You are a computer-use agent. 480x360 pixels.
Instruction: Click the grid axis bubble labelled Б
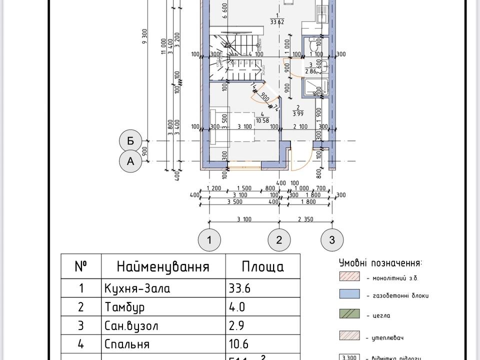[130, 141]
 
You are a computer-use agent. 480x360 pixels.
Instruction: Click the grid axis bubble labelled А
[130, 161]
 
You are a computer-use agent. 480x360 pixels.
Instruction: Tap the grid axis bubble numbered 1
[209, 240]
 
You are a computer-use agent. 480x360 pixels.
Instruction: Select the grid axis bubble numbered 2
[279, 240]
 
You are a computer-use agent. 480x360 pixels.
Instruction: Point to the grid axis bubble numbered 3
[332, 240]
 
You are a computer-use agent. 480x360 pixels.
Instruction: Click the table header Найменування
[163, 266]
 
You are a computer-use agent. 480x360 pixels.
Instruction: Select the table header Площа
[262, 266]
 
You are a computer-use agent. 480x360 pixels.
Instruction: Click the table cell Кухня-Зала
[137, 288]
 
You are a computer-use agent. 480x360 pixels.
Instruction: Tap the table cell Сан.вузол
[131, 326]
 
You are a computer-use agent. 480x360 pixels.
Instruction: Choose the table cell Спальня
[127, 344]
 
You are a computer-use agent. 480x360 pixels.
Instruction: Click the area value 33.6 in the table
[239, 288]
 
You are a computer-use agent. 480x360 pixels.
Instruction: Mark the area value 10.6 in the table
[238, 344]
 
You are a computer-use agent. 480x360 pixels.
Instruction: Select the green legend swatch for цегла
[349, 314]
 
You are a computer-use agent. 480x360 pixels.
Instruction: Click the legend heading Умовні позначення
[380, 263]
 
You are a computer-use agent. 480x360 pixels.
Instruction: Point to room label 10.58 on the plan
[262, 120]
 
